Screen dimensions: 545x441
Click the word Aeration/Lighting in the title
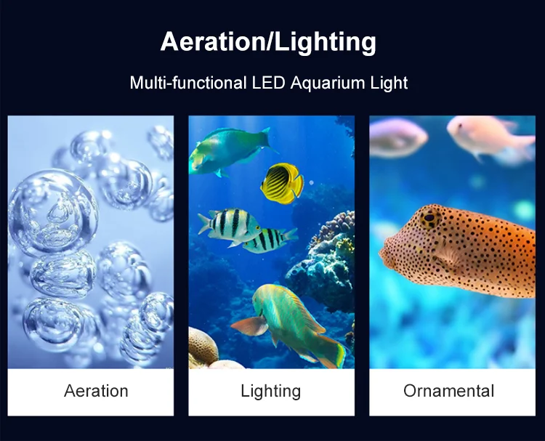[x=268, y=42]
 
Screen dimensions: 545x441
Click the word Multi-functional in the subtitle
[x=188, y=83]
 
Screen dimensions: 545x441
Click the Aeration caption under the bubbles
[x=96, y=391]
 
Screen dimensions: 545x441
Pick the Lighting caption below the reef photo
[x=271, y=392]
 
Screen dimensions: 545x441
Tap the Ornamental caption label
[x=449, y=391]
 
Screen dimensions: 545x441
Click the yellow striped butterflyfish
[x=281, y=183]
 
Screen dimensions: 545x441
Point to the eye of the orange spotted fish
[x=429, y=218]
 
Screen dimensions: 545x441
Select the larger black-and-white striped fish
[x=230, y=224]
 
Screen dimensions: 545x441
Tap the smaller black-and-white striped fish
[x=270, y=240]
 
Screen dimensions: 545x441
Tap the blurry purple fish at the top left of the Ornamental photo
[x=397, y=137]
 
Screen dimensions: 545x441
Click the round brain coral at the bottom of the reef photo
[x=203, y=347]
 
